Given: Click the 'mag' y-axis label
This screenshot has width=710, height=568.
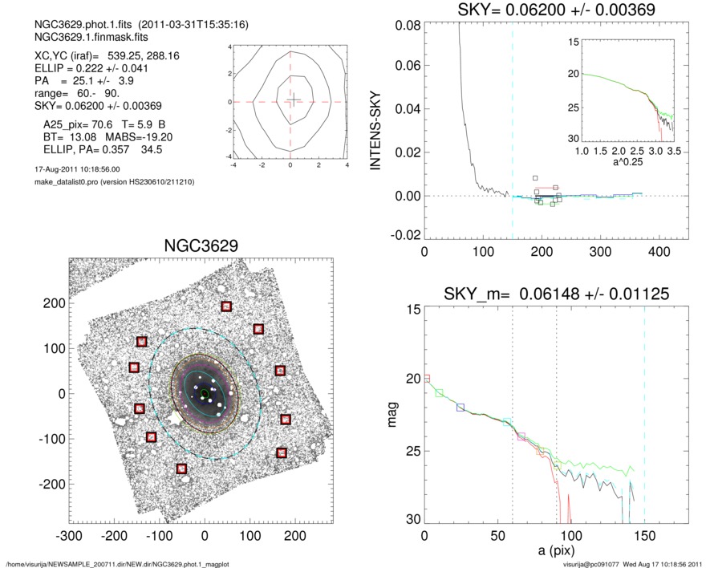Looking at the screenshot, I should [393, 416].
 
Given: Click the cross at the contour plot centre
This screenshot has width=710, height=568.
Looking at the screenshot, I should [294, 99].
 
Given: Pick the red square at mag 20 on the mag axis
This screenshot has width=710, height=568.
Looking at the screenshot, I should [427, 378].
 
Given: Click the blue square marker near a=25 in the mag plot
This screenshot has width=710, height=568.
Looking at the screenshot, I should [460, 408].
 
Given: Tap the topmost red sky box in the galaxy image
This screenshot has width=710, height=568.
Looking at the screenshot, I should [226, 306].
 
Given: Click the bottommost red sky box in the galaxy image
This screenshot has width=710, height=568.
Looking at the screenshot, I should [181, 469].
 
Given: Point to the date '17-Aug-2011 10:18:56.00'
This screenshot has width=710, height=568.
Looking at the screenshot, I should [73, 170].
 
